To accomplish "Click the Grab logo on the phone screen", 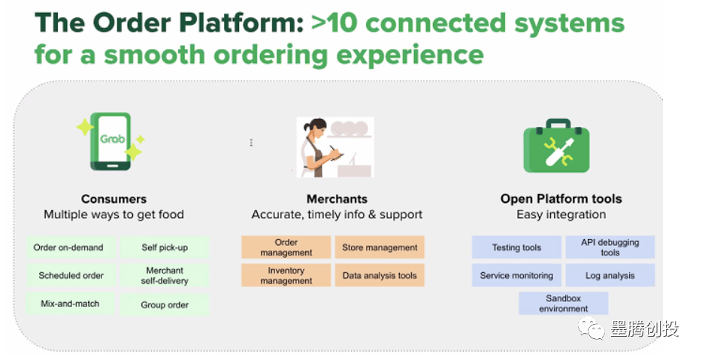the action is point(113,139).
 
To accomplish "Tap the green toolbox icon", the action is point(556,146).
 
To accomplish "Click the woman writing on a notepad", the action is point(322,148).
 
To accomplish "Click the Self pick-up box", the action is point(165,247).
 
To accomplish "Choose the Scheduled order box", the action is point(71,275).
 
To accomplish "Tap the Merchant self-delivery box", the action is point(165,275).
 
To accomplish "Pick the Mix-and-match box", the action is point(71,304).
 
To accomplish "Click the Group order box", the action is point(165,304).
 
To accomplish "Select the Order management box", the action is point(286,247).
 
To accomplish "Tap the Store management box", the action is point(380,247).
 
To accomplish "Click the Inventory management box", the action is point(286,275).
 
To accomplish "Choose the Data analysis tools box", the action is point(380,275).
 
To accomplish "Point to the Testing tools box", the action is point(516,247).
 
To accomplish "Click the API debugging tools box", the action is point(610,247).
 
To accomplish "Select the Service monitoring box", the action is point(516,275).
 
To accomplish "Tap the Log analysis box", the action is point(610,275).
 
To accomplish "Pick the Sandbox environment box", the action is point(564,303).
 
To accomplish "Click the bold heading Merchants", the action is point(337,199).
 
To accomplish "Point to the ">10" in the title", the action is point(334,23).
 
